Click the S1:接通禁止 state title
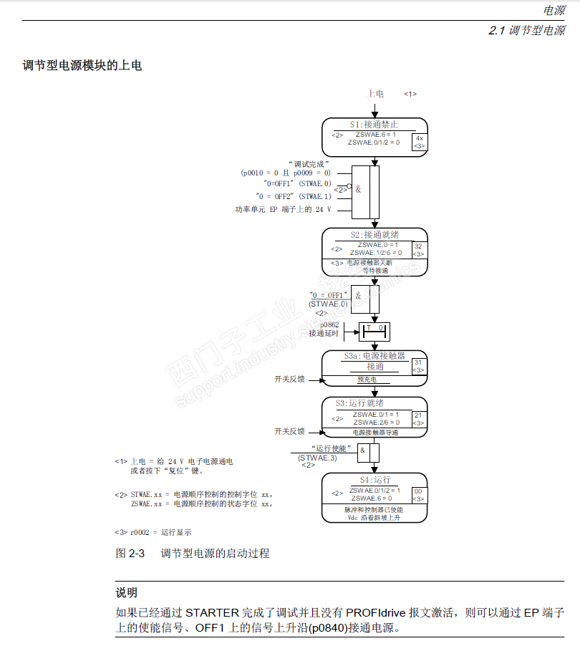pos(374,125)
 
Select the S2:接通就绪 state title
pos(374,234)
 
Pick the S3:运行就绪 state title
pos(374,403)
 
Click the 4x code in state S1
pos(420,138)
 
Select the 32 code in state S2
pos(418,246)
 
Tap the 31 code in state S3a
pos(418,362)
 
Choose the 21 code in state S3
pos(418,415)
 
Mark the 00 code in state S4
pos(418,491)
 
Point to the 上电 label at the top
pos(375,94)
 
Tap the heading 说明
pos(127,592)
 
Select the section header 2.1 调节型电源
pos(526,31)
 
